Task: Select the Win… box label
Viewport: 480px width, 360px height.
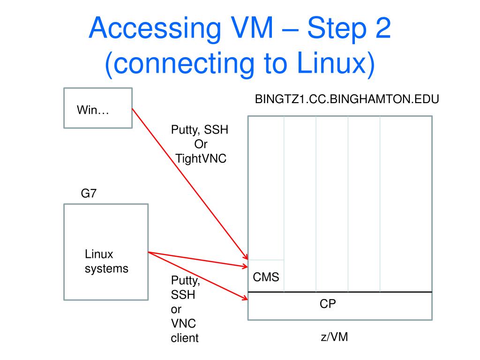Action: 93,112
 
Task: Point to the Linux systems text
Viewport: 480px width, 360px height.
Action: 106,262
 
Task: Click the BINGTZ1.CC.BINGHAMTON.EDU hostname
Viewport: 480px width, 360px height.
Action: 346,100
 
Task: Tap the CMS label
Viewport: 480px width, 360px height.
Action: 266,277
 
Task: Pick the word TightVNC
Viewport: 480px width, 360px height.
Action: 201,158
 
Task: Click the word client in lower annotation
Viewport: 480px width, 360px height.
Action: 185,337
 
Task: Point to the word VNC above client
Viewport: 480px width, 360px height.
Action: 184,323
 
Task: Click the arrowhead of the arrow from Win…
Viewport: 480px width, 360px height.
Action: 246,257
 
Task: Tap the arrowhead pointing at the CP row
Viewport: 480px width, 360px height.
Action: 245,298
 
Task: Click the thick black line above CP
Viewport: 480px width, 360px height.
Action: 339,292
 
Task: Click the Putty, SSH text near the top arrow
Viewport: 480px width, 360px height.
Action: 200,130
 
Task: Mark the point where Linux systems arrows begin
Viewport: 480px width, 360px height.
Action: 149,253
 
